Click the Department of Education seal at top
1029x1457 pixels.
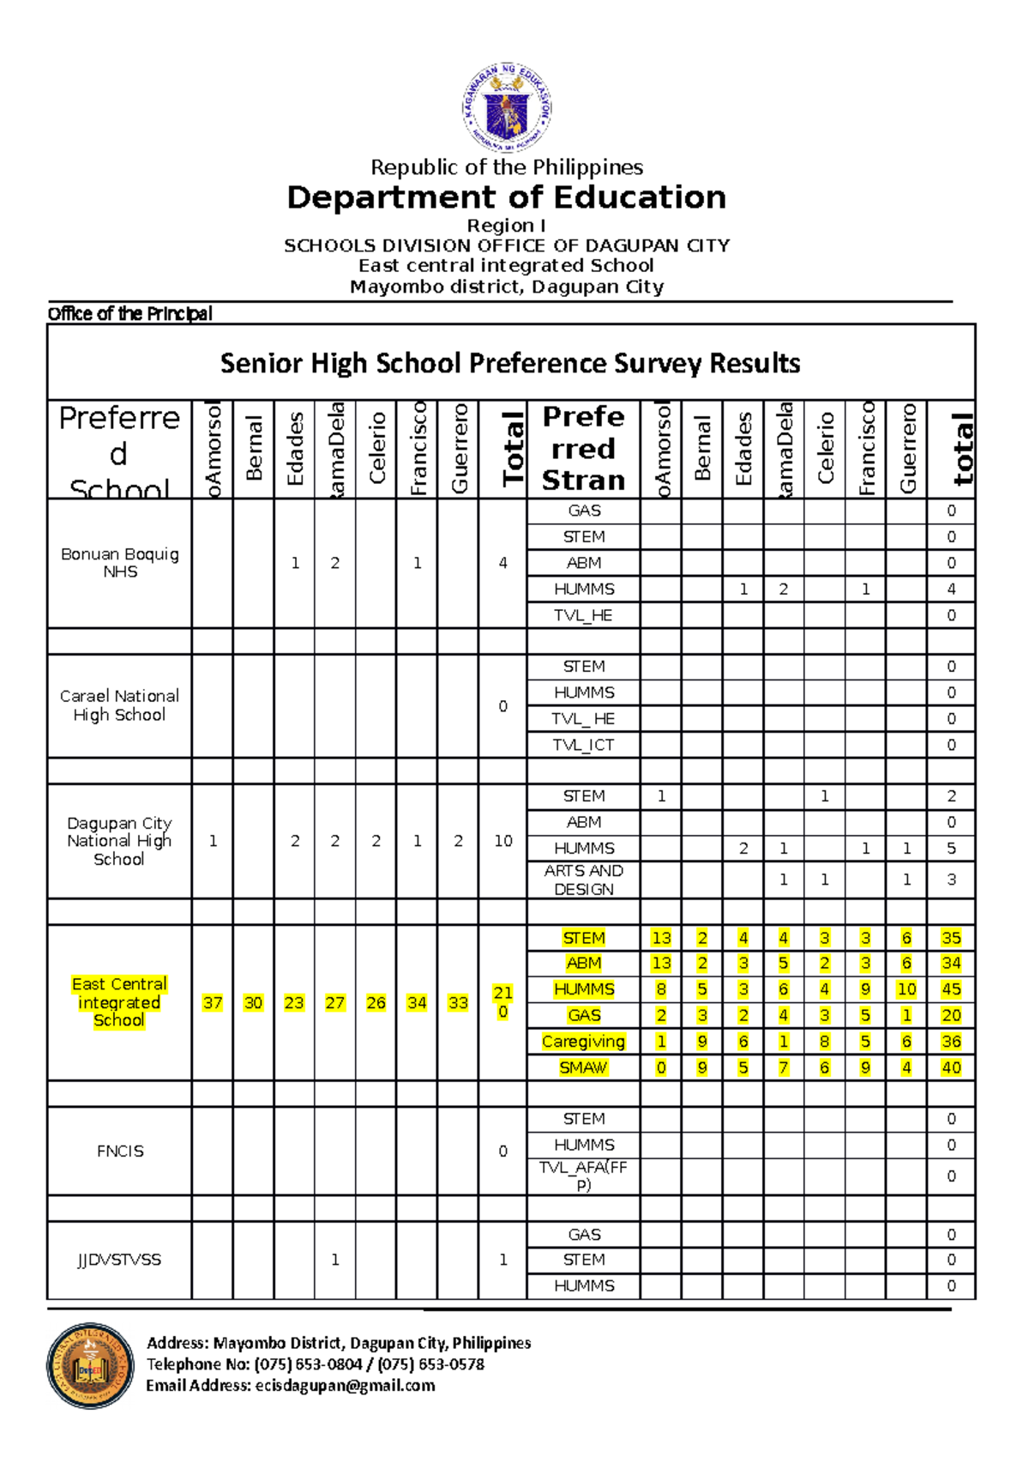(507, 108)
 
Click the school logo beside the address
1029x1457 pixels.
(90, 1365)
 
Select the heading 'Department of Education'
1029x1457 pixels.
(507, 197)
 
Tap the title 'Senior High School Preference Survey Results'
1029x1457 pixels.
(510, 363)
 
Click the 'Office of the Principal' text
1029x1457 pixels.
(129, 313)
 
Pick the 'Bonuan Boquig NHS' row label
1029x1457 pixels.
(120, 563)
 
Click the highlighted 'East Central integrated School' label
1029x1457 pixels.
(119, 1002)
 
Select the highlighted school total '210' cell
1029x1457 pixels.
(502, 1002)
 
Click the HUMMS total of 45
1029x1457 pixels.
(951, 989)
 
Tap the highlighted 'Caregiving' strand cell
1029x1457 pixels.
(583, 1042)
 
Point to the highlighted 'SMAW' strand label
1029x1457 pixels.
(583, 1067)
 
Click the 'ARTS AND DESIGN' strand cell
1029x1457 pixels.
(583, 880)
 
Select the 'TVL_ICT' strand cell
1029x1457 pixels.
(583, 745)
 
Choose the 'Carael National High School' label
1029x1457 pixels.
(119, 705)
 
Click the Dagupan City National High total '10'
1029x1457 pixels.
(502, 841)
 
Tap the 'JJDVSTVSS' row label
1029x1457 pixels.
(119, 1260)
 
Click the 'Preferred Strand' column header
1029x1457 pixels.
(583, 448)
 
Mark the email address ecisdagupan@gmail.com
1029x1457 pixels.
(345, 1385)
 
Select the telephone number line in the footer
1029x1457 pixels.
(316, 1364)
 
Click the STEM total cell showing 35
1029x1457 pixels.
(951, 938)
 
